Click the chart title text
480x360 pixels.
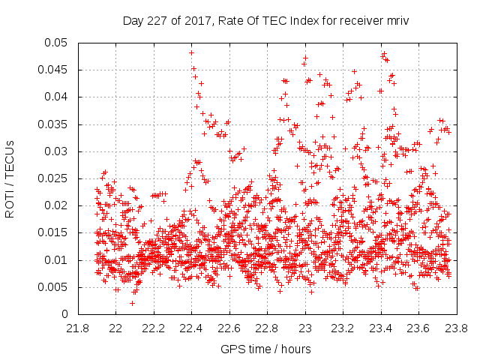(266, 20)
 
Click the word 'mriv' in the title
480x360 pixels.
(397, 20)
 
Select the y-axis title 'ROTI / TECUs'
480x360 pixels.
(10, 178)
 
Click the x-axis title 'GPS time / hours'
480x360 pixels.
(266, 349)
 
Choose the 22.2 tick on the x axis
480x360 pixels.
(154, 328)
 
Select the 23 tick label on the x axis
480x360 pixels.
(305, 328)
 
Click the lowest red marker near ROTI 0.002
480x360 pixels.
(133, 303)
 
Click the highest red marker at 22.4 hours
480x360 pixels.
(192, 52)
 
